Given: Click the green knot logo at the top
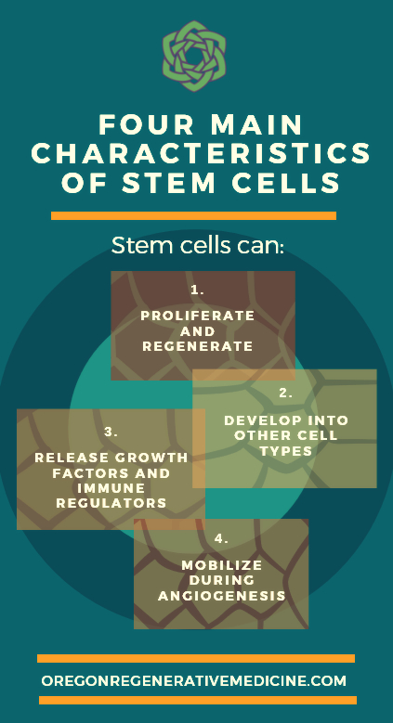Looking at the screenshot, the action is tap(194, 56).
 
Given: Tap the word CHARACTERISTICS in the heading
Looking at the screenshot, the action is tap(201, 153).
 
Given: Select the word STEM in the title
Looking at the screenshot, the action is tap(168, 183).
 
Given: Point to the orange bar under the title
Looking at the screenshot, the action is tap(193, 216).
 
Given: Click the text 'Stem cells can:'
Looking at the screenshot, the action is tap(197, 246).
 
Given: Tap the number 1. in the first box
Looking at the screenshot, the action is tap(197, 290).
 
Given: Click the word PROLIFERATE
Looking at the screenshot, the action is tap(198, 316).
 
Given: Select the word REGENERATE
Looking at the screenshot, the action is tap(198, 346).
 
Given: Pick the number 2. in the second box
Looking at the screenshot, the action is tap(286, 394).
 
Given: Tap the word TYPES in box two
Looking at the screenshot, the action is tap(286, 451).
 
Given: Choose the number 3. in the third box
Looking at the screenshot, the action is tap(111, 433).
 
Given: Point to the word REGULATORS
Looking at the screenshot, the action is tap(111, 503).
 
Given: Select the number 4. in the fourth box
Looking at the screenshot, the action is tap(222, 538).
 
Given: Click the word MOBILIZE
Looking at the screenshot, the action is tap(222, 565).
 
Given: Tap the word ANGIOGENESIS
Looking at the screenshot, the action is tap(222, 596).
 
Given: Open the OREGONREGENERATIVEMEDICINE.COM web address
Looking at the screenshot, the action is tap(193, 681).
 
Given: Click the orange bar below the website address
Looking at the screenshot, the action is tap(198, 701).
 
